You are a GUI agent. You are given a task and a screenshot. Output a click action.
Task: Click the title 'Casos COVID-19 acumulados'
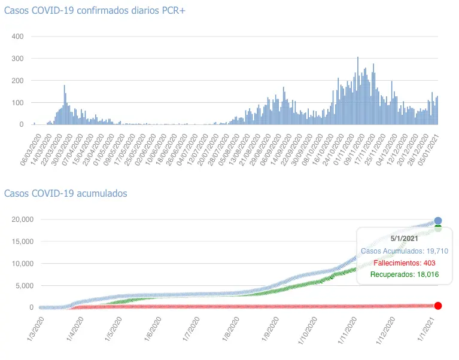pyautogui.click(x=65, y=193)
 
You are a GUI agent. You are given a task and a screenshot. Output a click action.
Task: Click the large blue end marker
pyautogui.click(x=438, y=221)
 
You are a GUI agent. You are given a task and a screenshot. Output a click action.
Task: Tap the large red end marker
pyautogui.click(x=438, y=306)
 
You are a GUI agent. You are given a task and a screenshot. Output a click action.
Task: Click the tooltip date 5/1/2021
pyautogui.click(x=404, y=239)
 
